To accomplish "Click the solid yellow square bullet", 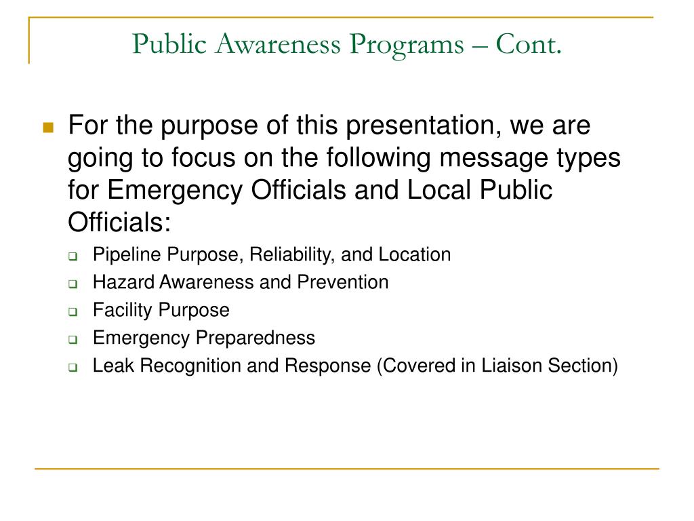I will [x=48, y=127].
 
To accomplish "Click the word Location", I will [x=414, y=255].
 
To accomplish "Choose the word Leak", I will [x=110, y=366].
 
